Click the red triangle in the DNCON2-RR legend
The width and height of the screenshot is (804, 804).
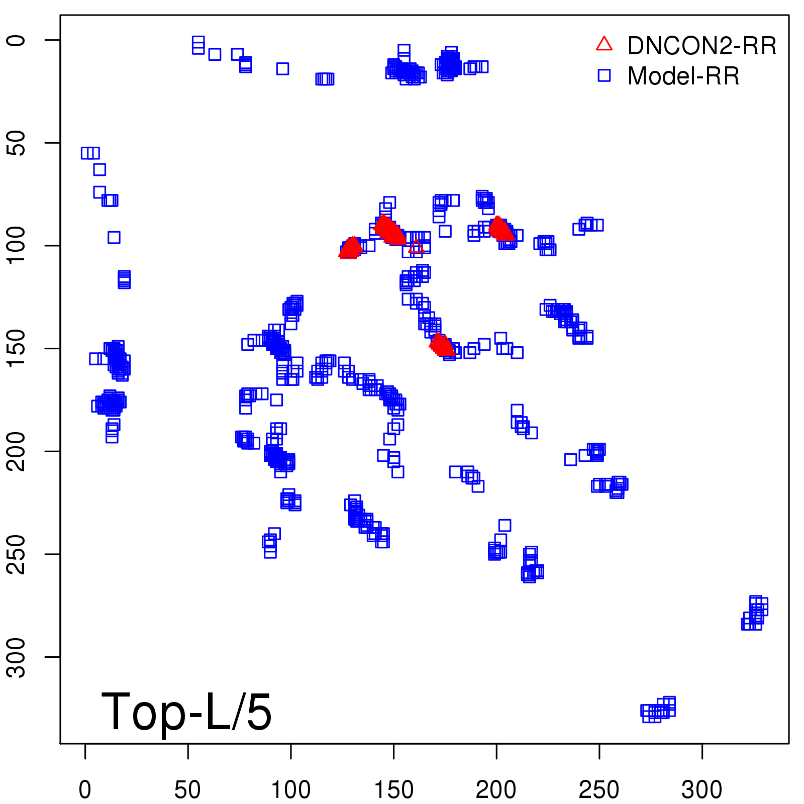point(604,44)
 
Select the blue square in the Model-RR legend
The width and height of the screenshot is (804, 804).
point(604,75)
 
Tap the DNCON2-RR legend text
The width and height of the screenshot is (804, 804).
point(702,46)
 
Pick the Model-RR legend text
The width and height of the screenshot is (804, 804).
point(683,76)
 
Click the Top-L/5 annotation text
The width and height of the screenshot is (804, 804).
point(186,712)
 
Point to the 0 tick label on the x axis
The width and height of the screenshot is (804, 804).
point(85,790)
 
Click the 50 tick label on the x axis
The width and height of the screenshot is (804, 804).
point(187,790)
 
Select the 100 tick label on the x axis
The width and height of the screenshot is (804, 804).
point(290,790)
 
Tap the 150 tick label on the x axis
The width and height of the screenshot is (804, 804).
point(393,790)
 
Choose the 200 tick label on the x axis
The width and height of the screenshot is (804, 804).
point(496,790)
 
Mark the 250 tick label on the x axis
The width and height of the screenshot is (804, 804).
point(599,790)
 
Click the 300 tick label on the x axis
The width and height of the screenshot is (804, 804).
point(701,790)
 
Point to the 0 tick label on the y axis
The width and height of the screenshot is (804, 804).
point(17,40)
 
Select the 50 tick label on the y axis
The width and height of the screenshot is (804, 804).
point(17,143)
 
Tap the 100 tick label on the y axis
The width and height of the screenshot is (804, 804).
point(17,246)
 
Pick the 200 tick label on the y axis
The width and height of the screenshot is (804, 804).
point(17,451)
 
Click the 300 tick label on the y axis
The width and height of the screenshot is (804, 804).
point(17,657)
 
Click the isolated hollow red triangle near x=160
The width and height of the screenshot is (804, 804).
point(416,246)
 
